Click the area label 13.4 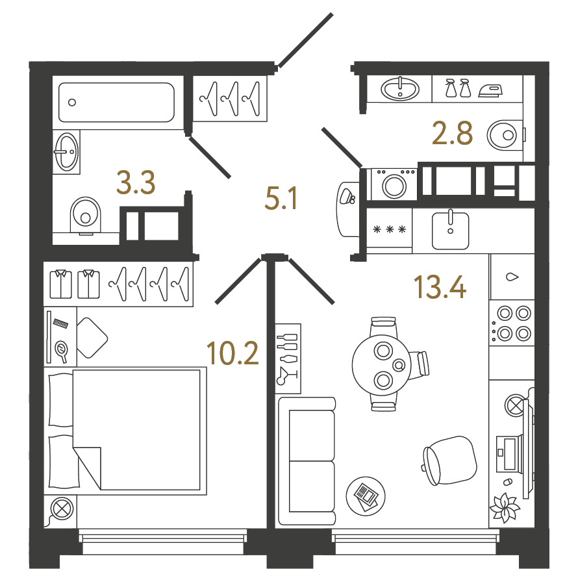pos(440,287)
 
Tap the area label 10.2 pos(232,353)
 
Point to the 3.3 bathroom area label pos(136,182)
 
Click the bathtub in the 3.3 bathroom pos(116,103)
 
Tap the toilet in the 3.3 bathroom pos(86,216)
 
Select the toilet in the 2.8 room pos(505,135)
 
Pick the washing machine pos(394,184)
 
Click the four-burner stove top pos(512,323)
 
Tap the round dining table pos(381,364)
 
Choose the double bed pos(125,431)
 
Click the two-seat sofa pos(307,461)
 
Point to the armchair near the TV pos(449,460)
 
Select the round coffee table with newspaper pos(366,496)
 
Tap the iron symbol pos(490,91)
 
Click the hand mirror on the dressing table pos(62,349)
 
